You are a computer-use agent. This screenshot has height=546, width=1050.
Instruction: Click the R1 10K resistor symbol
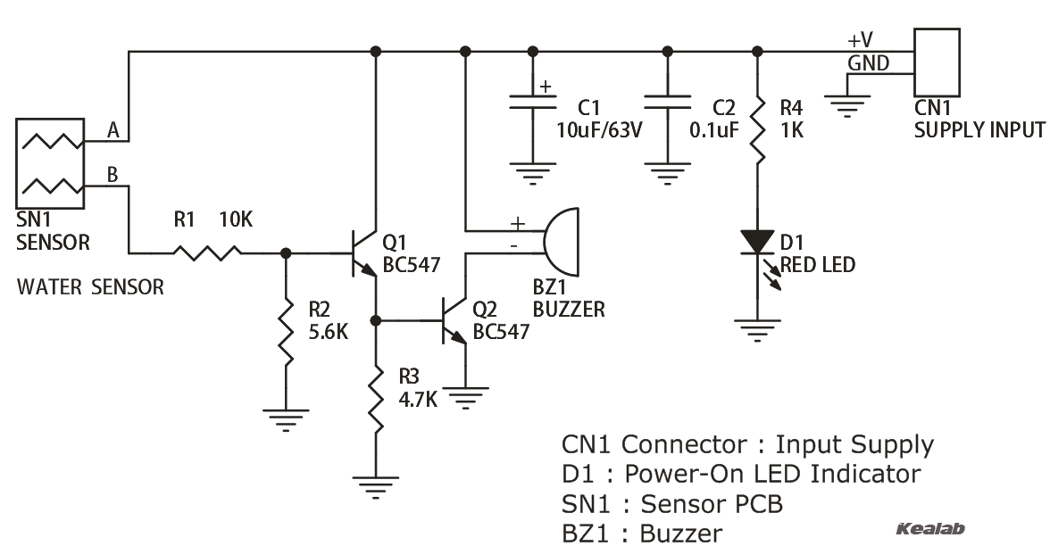pyautogui.click(x=207, y=253)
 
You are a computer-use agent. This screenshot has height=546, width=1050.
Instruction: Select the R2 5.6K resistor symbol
pyautogui.click(x=286, y=331)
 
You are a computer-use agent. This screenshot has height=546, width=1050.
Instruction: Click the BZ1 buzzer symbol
pyautogui.click(x=561, y=242)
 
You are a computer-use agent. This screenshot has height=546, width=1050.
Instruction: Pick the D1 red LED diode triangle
pyautogui.click(x=757, y=242)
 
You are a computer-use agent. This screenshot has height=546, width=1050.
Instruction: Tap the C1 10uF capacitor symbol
pyautogui.click(x=532, y=103)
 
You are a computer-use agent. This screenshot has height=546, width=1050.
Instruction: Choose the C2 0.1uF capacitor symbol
pyautogui.click(x=666, y=103)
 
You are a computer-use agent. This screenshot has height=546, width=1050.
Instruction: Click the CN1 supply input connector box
pyautogui.click(x=937, y=62)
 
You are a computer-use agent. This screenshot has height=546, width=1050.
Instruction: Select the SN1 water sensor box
pyautogui.click(x=49, y=164)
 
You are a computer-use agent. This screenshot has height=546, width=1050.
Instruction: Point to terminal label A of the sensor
pyautogui.click(x=113, y=130)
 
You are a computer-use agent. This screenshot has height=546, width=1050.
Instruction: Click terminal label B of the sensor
pyautogui.click(x=112, y=175)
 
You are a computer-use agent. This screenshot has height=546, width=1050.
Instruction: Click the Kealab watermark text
pyautogui.click(x=929, y=529)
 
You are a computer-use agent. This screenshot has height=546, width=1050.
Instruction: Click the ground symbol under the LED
pyautogui.click(x=757, y=332)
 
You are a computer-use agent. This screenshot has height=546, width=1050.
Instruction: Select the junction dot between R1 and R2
pyautogui.click(x=286, y=253)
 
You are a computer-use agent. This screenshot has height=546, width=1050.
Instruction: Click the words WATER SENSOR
pyautogui.click(x=90, y=287)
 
